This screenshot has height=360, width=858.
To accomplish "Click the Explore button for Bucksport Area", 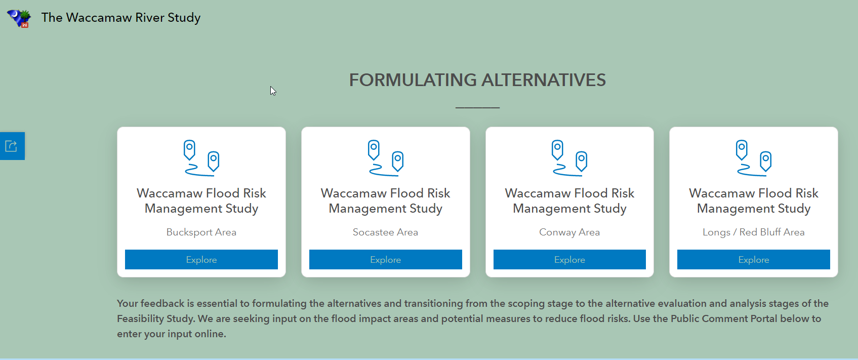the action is click(x=201, y=260).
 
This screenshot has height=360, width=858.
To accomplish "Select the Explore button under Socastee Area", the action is click(x=385, y=260).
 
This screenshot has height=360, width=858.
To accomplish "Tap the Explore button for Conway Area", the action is click(x=569, y=260).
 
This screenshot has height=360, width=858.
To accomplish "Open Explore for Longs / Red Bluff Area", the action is click(x=753, y=260).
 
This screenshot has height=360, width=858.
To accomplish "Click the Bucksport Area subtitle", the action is click(x=201, y=232).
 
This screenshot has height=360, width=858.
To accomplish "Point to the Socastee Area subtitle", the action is click(x=385, y=232).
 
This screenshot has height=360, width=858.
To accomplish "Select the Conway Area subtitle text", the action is click(x=569, y=232).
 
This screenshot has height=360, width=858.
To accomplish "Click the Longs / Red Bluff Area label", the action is click(x=753, y=232).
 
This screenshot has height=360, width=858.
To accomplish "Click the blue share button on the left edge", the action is click(x=12, y=146).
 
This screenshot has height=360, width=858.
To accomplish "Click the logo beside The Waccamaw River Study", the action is click(x=19, y=18).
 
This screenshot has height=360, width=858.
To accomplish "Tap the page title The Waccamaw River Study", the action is click(x=121, y=18).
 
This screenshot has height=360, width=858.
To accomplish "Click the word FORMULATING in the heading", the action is click(x=412, y=80).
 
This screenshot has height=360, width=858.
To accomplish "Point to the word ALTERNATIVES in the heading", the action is click(x=544, y=80).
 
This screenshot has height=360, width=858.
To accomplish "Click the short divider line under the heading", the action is click(x=477, y=108).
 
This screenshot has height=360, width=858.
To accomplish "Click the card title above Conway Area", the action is click(x=569, y=201).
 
